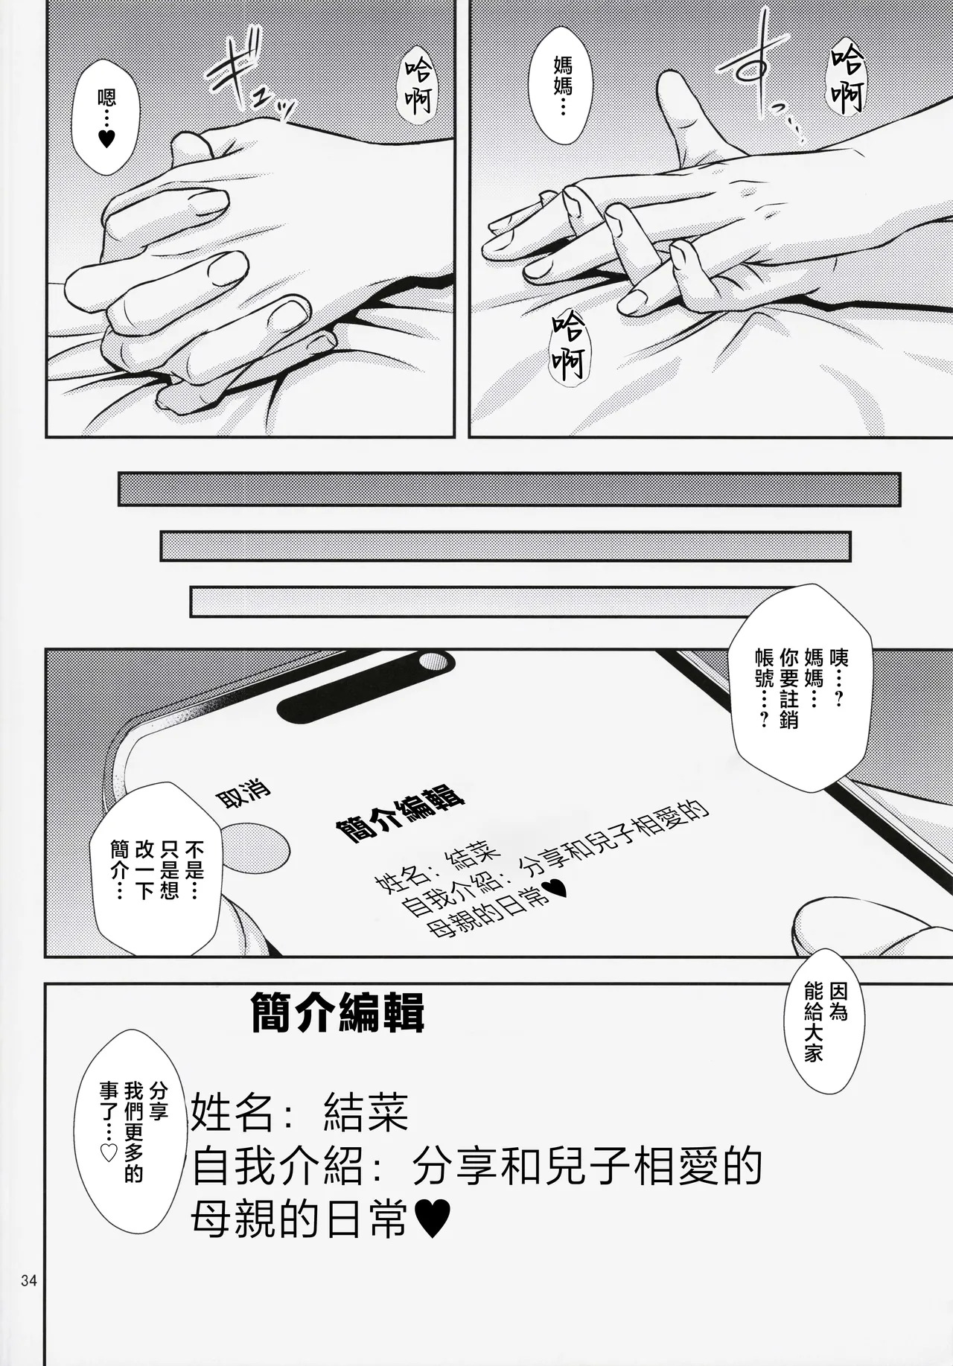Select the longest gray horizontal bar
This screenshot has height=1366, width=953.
(509, 488)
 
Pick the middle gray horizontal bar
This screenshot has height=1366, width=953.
(506, 546)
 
